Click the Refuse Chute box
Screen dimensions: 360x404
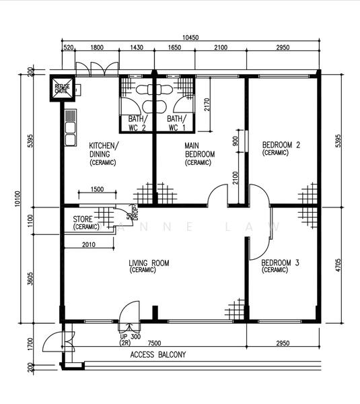(x=63, y=88)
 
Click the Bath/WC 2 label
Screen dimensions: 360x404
(x=137, y=123)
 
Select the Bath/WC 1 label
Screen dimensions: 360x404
(x=176, y=123)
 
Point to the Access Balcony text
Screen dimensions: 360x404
(x=158, y=355)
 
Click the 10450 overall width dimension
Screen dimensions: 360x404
(x=190, y=37)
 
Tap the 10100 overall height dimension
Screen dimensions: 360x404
(x=17, y=199)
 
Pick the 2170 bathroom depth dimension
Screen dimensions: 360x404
(x=207, y=104)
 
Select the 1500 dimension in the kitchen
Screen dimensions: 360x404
(x=98, y=189)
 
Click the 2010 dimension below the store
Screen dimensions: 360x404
(x=89, y=244)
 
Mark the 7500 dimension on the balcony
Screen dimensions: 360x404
(x=155, y=343)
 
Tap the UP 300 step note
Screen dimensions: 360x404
(x=130, y=337)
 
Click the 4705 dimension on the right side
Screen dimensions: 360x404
(x=338, y=265)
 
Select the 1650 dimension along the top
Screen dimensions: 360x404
(x=174, y=47)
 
